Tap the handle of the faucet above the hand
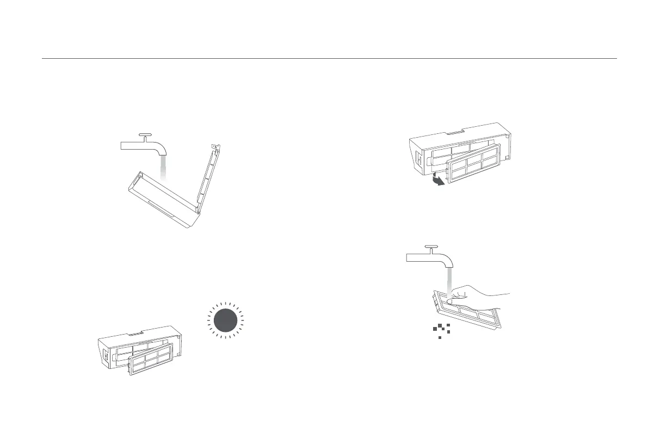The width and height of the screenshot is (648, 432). [x=432, y=247]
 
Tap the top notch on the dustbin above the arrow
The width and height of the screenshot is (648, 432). [x=455, y=131]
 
